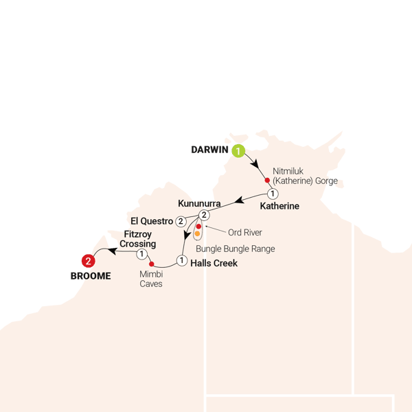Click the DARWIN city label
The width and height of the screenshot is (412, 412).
click(211, 150)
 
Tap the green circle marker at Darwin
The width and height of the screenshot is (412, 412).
click(238, 151)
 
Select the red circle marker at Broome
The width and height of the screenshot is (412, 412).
click(88, 261)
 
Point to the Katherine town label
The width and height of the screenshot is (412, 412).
click(280, 205)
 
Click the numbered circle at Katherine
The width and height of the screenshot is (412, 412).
click(273, 193)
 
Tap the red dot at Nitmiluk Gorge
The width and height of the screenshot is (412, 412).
click(267, 181)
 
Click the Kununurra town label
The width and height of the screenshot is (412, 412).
click(199, 204)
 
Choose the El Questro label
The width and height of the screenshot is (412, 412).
click(152, 221)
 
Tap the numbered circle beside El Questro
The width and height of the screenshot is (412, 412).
click(180, 221)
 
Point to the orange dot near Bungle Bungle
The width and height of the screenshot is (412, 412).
click(197, 233)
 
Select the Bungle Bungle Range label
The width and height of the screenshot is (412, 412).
click(235, 249)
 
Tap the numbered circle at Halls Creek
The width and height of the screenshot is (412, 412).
click(181, 260)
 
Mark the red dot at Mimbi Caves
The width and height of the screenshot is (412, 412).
click(151, 264)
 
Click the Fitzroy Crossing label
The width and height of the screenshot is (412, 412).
click(138, 239)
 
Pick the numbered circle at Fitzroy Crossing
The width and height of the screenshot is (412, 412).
click(141, 254)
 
